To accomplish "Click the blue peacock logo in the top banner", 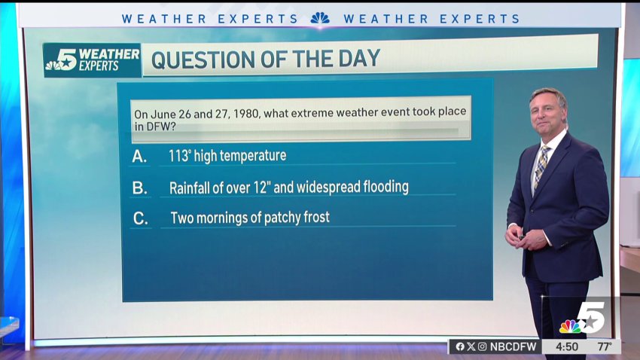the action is click(x=320, y=18).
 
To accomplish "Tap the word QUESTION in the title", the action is click(x=203, y=59).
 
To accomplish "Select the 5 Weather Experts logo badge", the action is click(x=93, y=60).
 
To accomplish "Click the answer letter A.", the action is click(x=139, y=157).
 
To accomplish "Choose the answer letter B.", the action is click(x=139, y=188).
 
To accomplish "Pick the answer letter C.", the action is click(x=140, y=218).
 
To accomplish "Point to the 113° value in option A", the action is click(x=180, y=155).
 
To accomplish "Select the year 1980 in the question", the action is click(x=246, y=114).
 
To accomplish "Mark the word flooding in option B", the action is click(x=386, y=187).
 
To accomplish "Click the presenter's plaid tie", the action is click(x=541, y=166).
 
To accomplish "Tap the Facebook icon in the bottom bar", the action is click(x=460, y=346).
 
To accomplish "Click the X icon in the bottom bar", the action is click(x=471, y=346).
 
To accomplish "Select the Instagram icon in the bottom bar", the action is click(x=482, y=346).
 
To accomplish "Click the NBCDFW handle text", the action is click(x=513, y=346).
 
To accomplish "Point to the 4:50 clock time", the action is click(x=566, y=347).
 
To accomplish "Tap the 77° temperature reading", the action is click(x=605, y=347).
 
